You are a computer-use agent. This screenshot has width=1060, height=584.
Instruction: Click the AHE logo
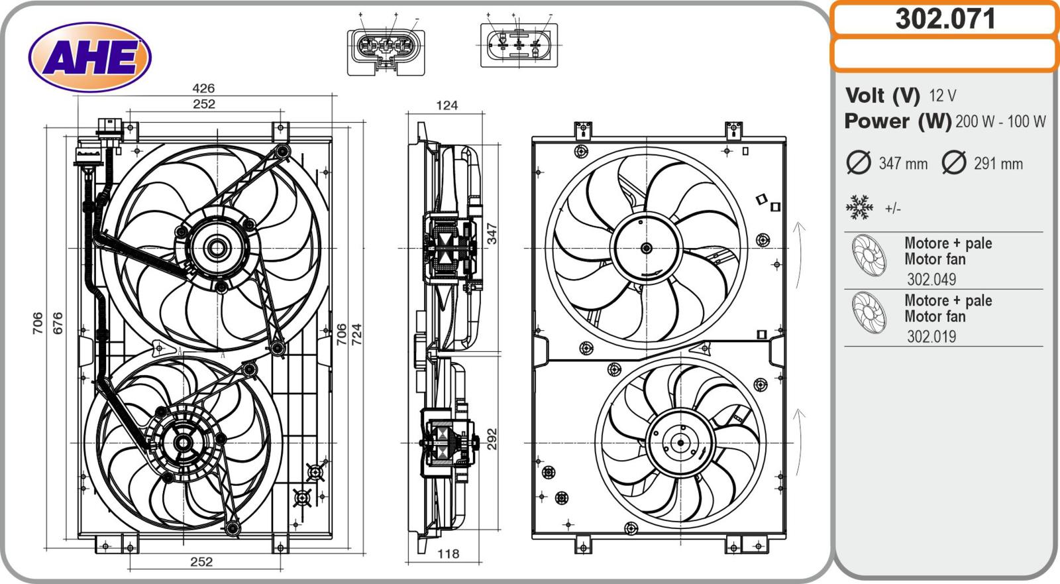(90, 56)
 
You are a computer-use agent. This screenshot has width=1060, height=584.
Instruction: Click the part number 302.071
(945, 19)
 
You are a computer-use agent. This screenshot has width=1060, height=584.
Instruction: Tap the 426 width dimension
(203, 88)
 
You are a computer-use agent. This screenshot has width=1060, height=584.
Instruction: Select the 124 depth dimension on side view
(447, 105)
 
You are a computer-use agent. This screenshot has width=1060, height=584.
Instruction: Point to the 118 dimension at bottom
(449, 554)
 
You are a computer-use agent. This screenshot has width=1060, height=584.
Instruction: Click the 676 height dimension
(58, 323)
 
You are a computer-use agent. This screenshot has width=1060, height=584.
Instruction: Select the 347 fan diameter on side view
(492, 233)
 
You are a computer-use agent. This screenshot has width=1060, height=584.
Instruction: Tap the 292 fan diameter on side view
(492, 439)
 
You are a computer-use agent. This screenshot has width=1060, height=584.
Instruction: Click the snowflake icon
(860, 207)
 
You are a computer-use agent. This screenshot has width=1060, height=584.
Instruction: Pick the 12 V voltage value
(942, 96)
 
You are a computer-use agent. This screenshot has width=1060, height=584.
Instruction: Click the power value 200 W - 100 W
(1000, 121)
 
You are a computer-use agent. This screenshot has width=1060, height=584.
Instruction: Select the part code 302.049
(931, 279)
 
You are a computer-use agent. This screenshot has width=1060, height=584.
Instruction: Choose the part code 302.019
(931, 336)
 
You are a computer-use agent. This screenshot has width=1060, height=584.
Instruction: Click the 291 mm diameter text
(998, 164)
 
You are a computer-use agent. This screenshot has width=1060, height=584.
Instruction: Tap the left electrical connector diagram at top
(386, 49)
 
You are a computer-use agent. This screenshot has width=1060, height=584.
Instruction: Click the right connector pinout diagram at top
(519, 45)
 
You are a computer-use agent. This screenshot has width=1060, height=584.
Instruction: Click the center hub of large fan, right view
(646, 249)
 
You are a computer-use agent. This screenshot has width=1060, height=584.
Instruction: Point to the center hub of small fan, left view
(182, 443)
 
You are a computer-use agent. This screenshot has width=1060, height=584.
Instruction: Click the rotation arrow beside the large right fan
(800, 255)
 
